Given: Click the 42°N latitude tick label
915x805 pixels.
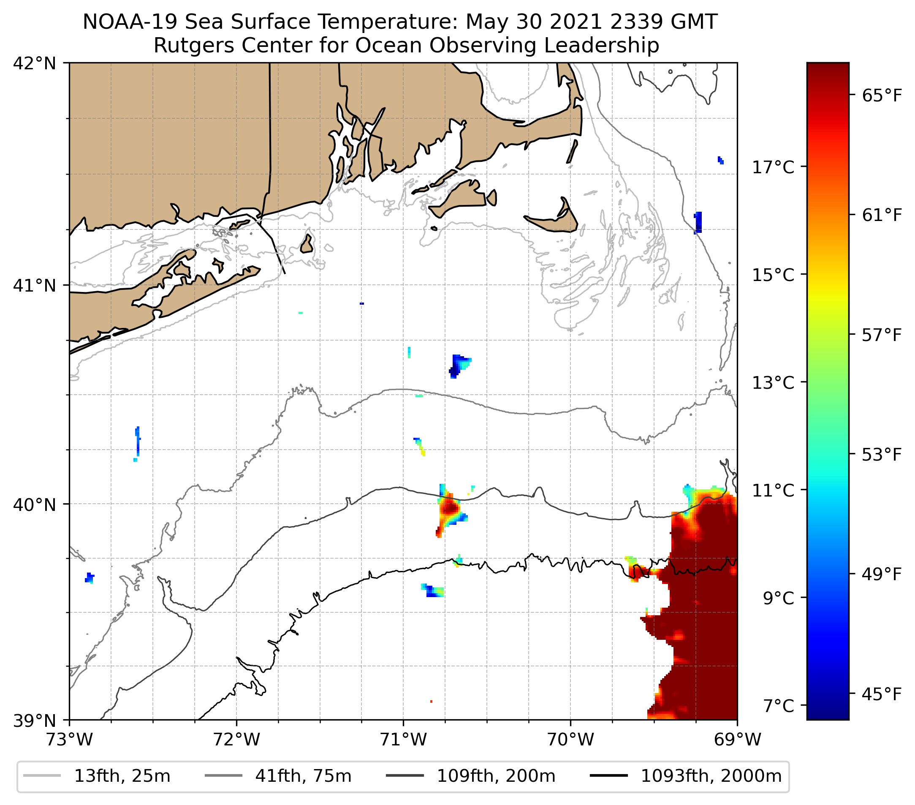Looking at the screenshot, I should [x=35, y=64].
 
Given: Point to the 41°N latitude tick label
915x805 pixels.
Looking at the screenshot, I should [x=35, y=285].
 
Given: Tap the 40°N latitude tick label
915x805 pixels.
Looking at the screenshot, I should [x=35, y=505].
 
